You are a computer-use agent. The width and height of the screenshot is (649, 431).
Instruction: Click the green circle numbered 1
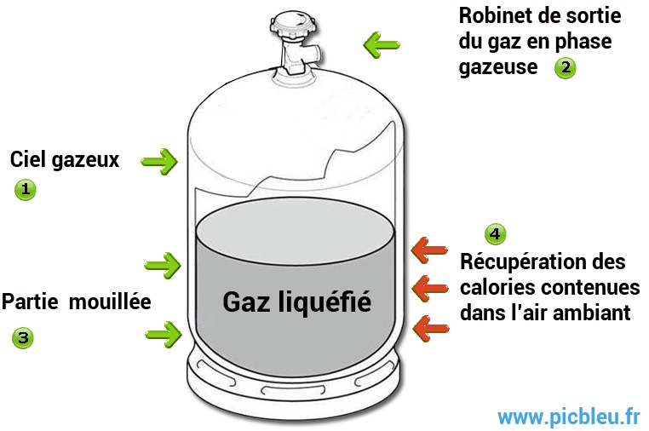coord(26,190)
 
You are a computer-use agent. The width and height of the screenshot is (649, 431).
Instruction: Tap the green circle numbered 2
coord(565,67)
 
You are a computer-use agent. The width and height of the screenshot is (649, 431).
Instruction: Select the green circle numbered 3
coord(23,337)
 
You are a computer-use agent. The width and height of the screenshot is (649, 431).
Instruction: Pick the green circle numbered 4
coord(495,234)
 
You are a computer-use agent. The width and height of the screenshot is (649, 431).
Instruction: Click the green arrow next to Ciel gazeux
coord(159,162)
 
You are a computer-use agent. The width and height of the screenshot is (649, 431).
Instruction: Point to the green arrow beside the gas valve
coord(382,44)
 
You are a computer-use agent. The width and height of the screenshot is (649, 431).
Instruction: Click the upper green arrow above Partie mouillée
coord(163,266)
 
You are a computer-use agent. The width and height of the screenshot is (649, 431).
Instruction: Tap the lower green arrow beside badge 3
coord(164,334)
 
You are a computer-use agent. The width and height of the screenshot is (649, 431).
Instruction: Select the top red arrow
coord(429,250)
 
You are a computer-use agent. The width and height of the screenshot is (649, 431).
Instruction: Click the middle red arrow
coord(430,288)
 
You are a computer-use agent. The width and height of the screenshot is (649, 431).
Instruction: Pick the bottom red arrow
coord(431,328)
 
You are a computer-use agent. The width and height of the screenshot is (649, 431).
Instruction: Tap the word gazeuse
coord(498,67)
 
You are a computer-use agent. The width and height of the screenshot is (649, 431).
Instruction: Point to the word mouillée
coord(110,302)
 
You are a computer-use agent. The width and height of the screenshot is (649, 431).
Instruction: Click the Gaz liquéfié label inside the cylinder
coord(296,302)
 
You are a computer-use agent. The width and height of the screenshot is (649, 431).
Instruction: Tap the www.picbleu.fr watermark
coord(569,417)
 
